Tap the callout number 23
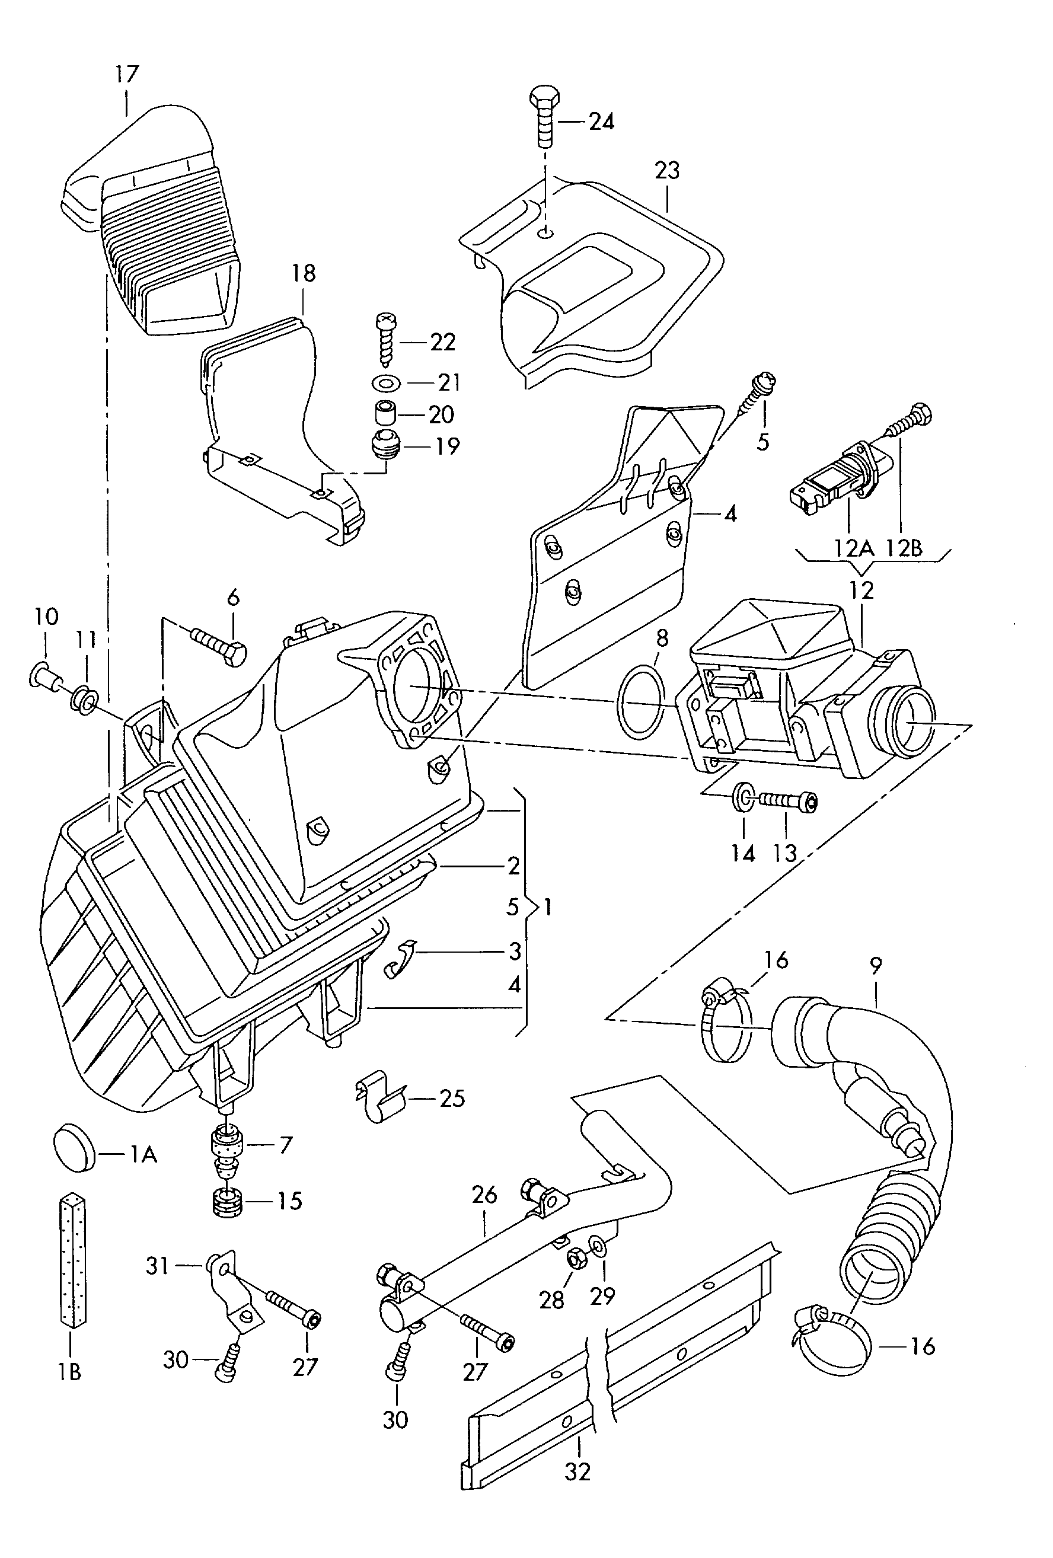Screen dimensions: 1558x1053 667,171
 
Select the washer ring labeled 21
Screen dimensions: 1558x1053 386,384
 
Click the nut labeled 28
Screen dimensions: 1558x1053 576,1259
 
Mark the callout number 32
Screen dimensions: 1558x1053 577,1471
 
